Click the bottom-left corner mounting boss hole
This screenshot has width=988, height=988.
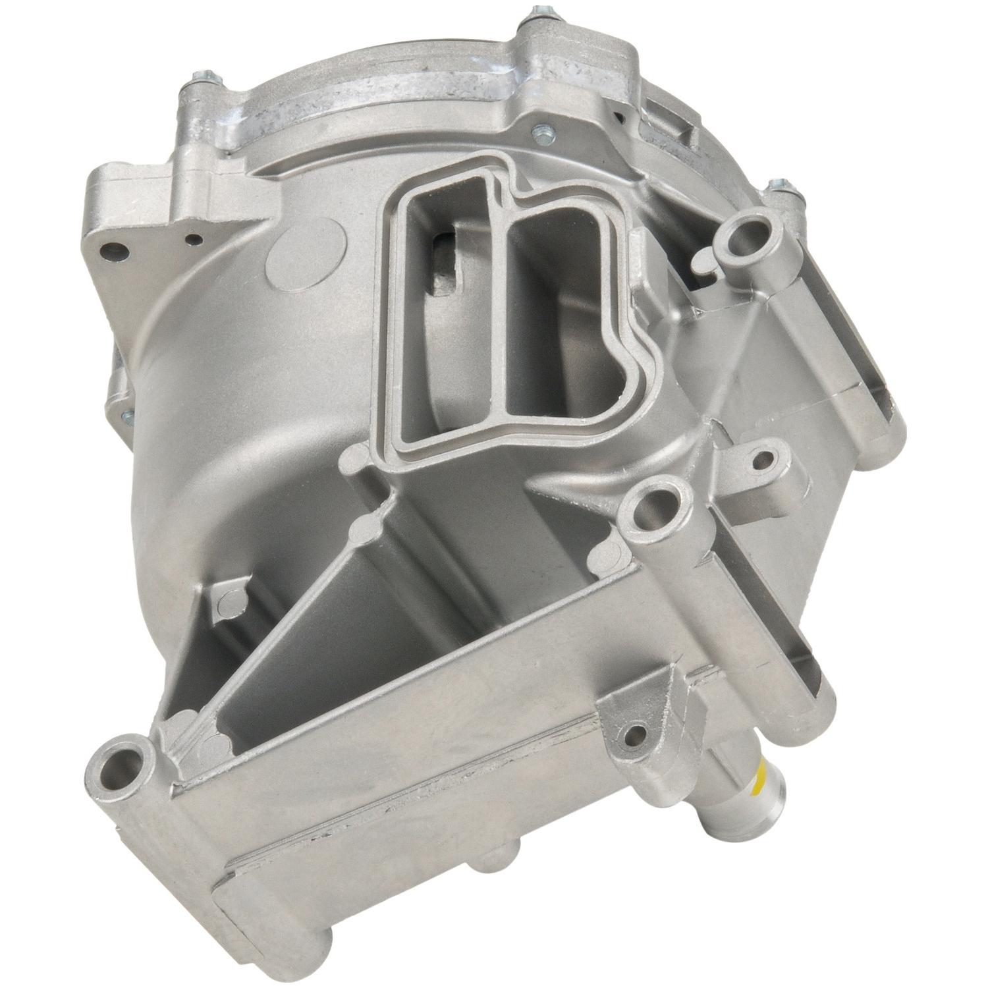click(x=118, y=765)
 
